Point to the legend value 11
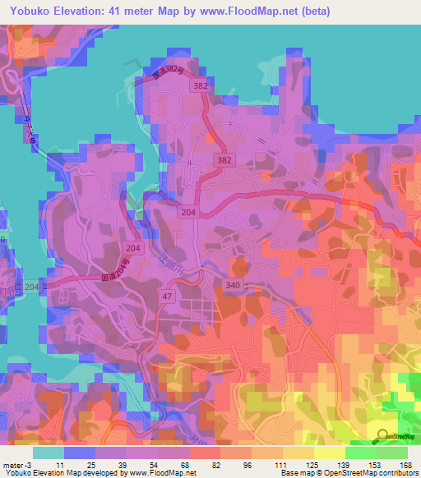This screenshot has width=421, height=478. (x=60, y=464)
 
